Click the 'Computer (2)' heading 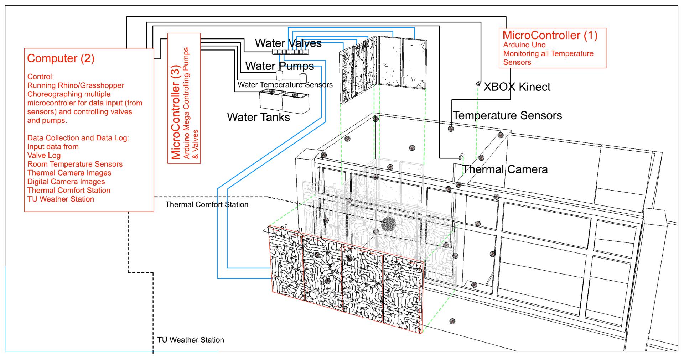pyautogui.click(x=61, y=59)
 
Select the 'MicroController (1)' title pyautogui.click(x=550, y=36)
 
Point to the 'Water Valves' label pyautogui.click(x=288, y=43)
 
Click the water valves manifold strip pyautogui.click(x=290, y=52)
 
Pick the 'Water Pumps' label pyautogui.click(x=280, y=66)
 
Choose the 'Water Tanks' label pyautogui.click(x=259, y=117)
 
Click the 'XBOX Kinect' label pyautogui.click(x=517, y=87)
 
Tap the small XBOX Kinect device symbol pyautogui.click(x=478, y=84)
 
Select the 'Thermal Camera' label pyautogui.click(x=505, y=169)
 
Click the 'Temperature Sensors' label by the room pyautogui.click(x=507, y=115)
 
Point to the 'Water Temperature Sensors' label pyautogui.click(x=285, y=85)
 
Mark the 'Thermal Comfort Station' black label pyautogui.click(x=207, y=205)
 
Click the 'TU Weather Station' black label pyautogui.click(x=191, y=340)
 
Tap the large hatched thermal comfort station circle pyautogui.click(x=388, y=224)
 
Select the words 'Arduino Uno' pyautogui.click(x=524, y=45)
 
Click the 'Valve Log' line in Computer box pyautogui.click(x=44, y=155)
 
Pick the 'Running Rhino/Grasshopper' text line pyautogui.click(x=76, y=85)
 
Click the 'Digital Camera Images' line pyautogui.click(x=66, y=182)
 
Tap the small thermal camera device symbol pyautogui.click(x=461, y=156)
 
